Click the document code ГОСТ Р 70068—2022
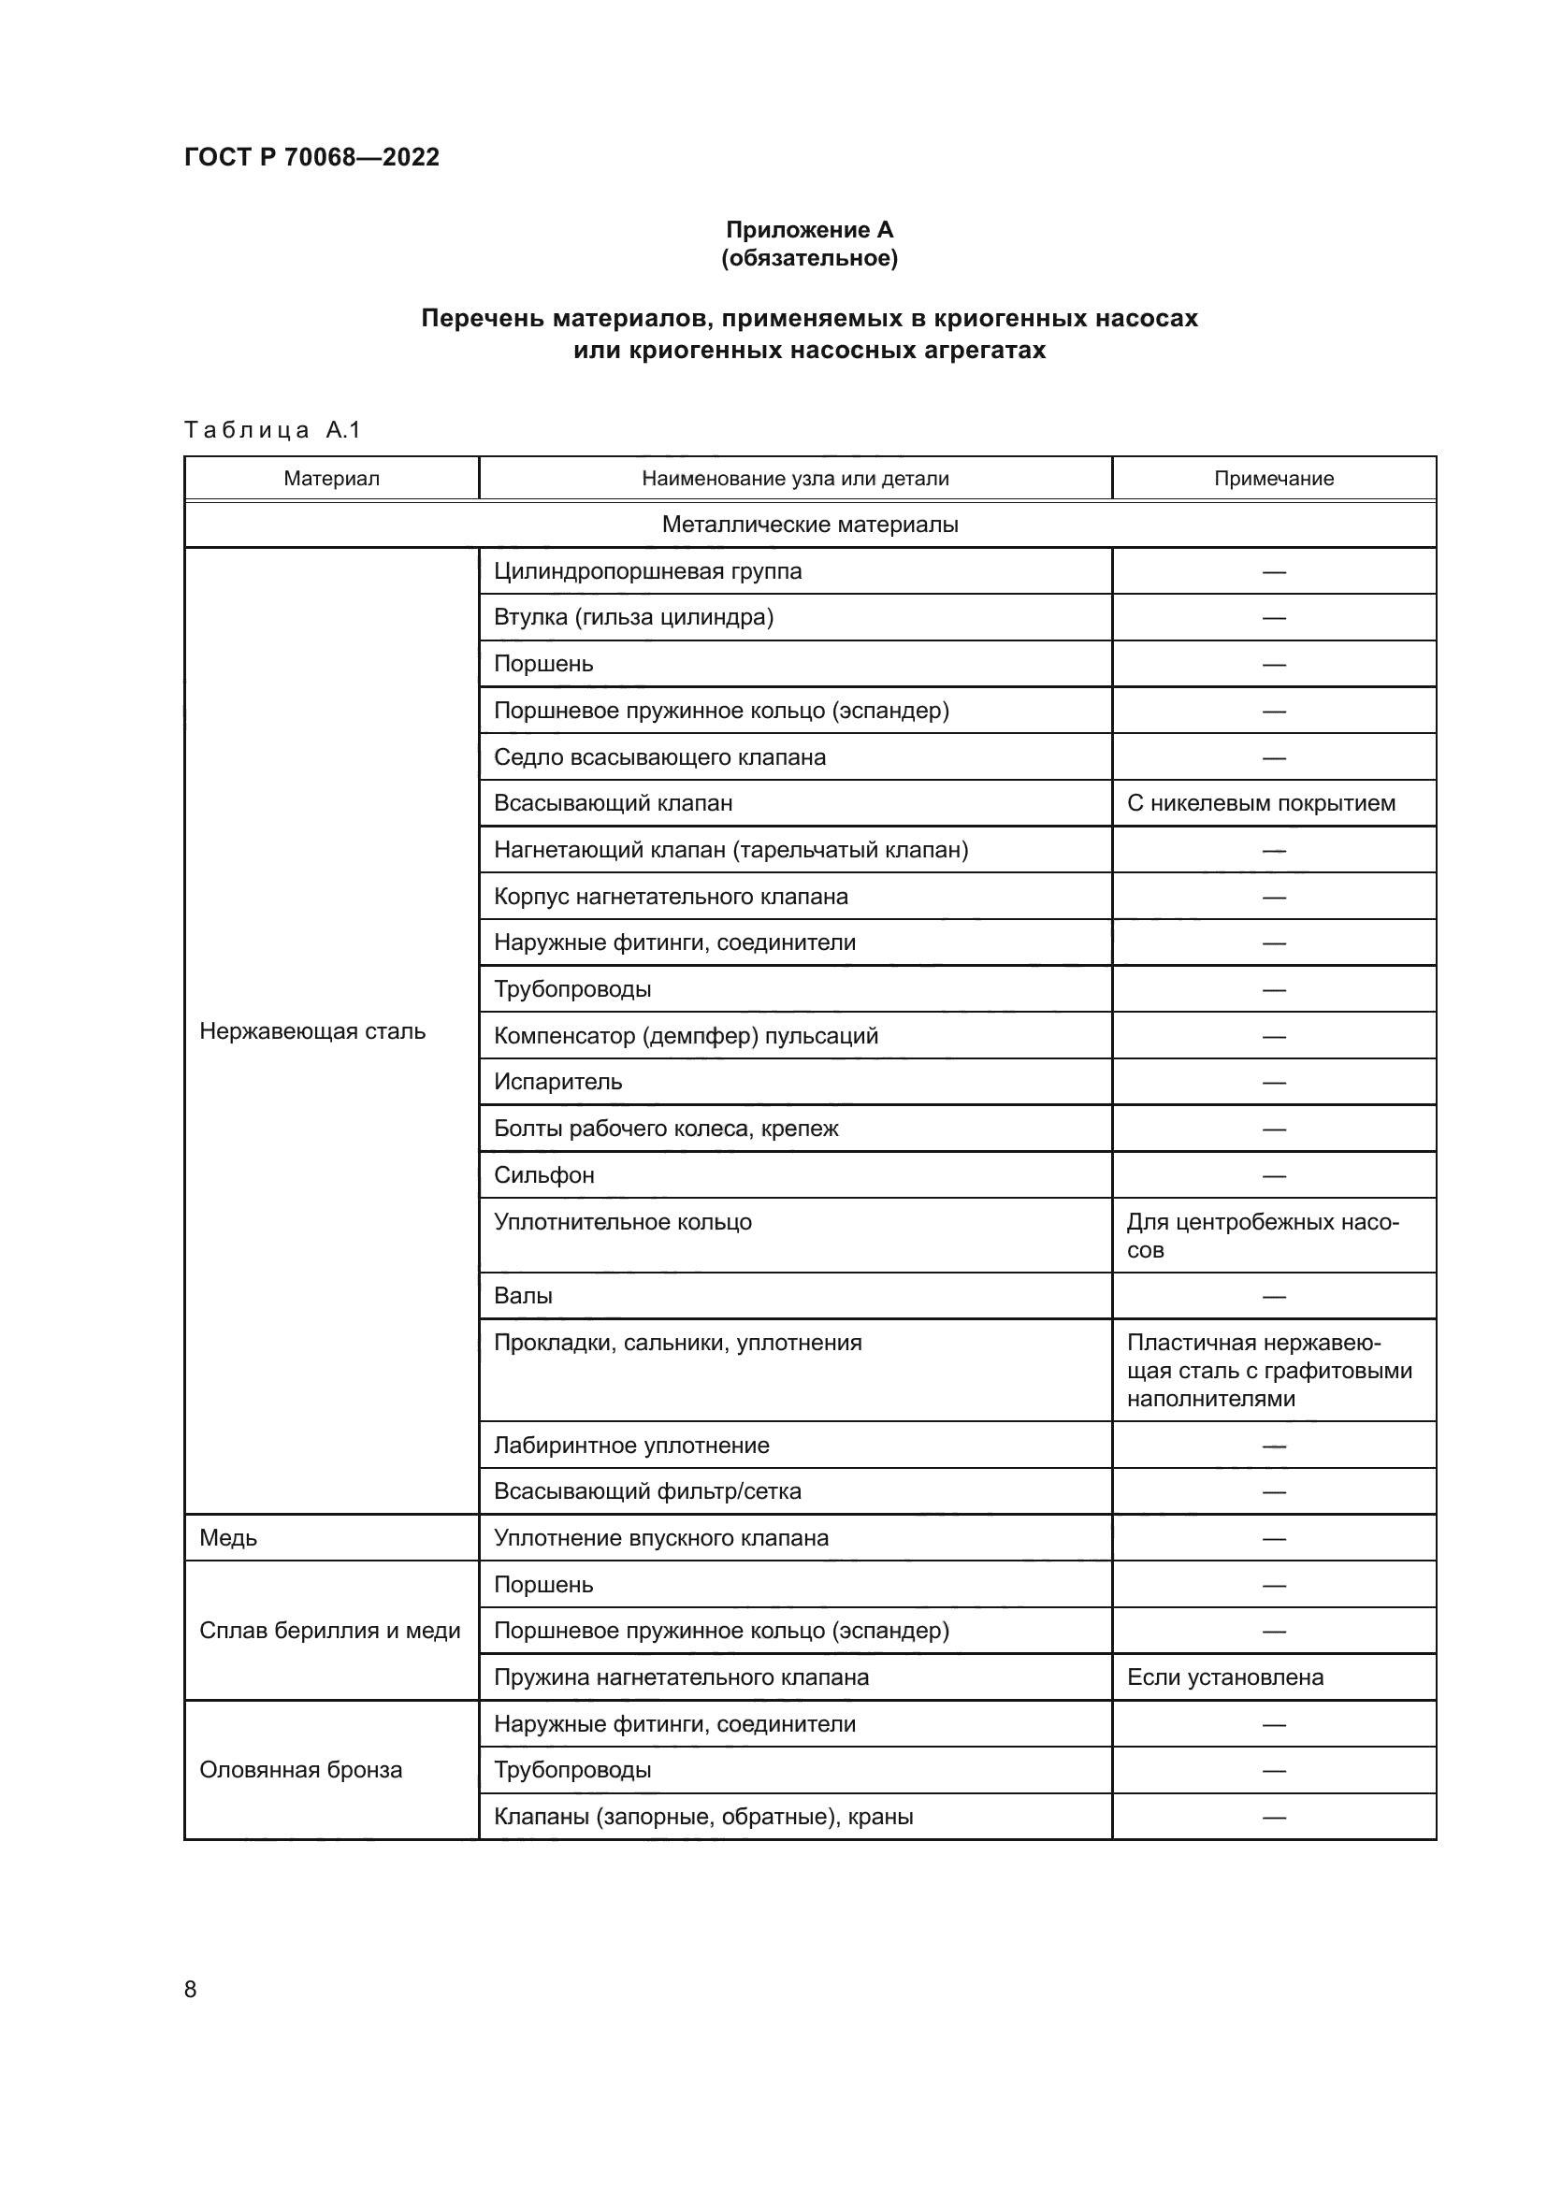(311, 157)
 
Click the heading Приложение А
(809, 230)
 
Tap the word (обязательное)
(809, 258)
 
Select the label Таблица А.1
(272, 429)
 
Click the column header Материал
(331, 478)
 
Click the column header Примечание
(1273, 478)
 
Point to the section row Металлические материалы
(809, 524)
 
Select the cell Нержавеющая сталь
(312, 1030)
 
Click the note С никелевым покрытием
(1260, 803)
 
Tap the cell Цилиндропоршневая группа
(648, 571)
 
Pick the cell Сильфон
(544, 1174)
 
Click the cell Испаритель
(557, 1082)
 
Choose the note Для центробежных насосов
(1262, 1235)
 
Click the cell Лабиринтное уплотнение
(630, 1445)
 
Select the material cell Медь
(228, 1538)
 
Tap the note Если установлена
(1225, 1677)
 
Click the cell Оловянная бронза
(301, 1770)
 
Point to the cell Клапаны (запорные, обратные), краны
(703, 1817)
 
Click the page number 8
(191, 1989)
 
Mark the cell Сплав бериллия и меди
(329, 1631)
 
